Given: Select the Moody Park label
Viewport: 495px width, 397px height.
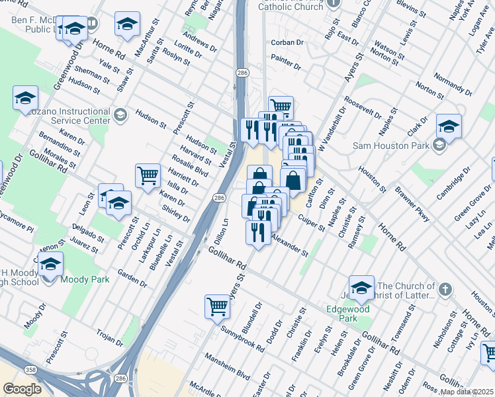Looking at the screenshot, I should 85,280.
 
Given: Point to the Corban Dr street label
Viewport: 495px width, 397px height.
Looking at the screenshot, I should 287,42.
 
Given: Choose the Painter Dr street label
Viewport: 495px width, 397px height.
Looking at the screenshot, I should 286,67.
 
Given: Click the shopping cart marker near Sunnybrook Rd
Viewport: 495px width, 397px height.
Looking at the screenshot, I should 216,307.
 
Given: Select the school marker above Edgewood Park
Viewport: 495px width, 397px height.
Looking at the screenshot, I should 361,288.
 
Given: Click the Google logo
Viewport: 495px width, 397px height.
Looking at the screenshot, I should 22,389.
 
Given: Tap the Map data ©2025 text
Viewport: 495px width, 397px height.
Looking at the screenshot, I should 467,392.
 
